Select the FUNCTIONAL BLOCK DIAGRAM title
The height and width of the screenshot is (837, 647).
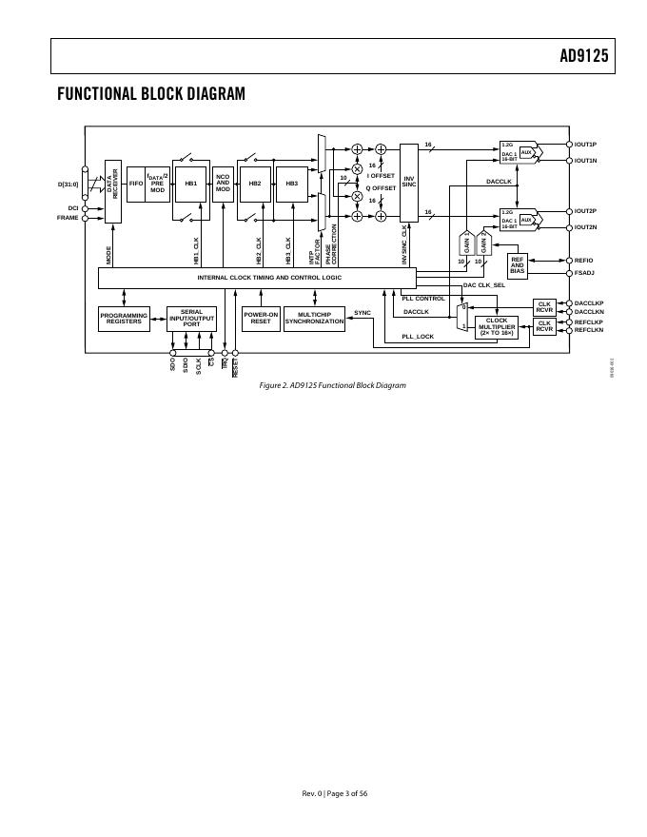click(151, 94)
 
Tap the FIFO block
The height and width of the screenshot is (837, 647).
click(135, 182)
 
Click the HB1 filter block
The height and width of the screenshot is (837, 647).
click(190, 182)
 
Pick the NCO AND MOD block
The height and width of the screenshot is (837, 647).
click(223, 182)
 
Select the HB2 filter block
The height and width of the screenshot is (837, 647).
click(254, 182)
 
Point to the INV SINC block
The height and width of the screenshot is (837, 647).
click(409, 182)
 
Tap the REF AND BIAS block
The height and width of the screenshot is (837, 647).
click(518, 265)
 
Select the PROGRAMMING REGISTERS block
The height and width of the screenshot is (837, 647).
click(124, 319)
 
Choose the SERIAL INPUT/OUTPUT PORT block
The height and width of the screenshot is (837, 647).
click(191, 319)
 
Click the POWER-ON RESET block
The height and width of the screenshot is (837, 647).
click(261, 319)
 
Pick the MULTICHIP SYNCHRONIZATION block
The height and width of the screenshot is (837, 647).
click(314, 319)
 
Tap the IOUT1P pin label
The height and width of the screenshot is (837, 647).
click(585, 145)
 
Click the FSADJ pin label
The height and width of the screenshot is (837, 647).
click(584, 273)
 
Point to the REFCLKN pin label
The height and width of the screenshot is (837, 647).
click(589, 330)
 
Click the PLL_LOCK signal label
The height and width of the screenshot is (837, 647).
click(418, 337)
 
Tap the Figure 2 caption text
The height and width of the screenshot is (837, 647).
click(332, 385)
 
